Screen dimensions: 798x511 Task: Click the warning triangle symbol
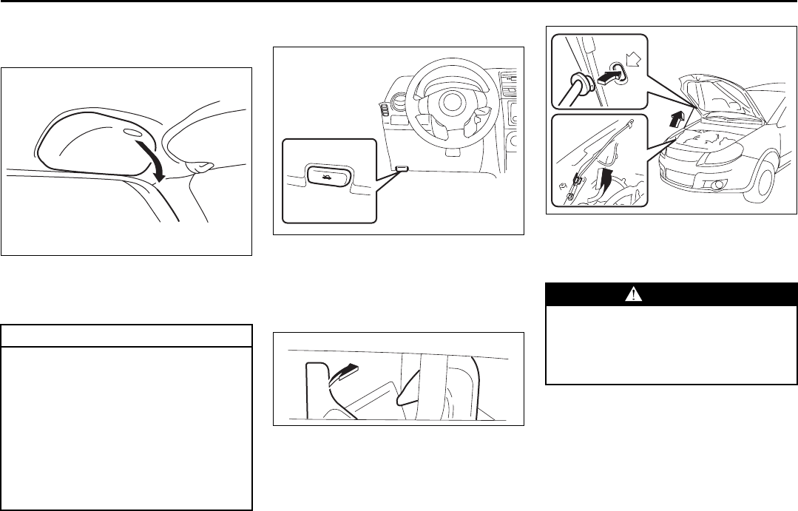633,294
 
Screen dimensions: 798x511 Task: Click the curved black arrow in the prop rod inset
609,177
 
